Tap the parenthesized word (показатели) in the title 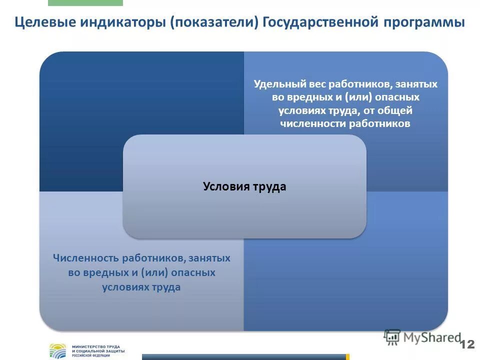click(214, 23)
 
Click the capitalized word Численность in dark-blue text click(85, 258)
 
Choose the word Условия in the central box click(223, 186)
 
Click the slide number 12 click(467, 344)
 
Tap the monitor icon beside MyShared click(392, 337)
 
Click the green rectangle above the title click(85, 2)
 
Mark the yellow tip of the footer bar click(347, 357)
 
